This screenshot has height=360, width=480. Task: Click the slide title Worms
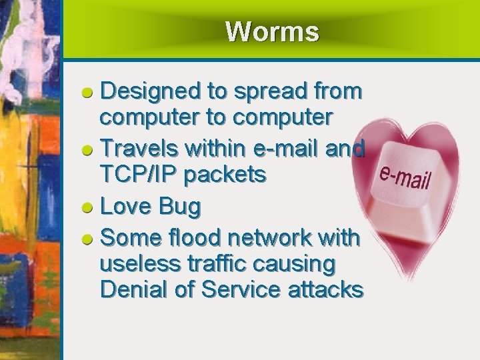[x=272, y=31]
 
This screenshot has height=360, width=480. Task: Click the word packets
[x=225, y=175]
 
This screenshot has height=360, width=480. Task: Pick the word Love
[x=124, y=207]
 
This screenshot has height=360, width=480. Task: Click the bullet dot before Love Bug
[x=87, y=208]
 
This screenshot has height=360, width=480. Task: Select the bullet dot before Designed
[x=87, y=92]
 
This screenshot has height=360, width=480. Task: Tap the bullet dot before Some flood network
[x=87, y=238]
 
